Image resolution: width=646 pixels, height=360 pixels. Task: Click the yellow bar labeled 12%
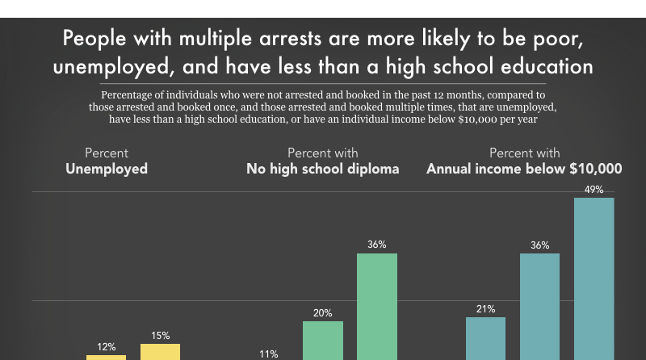[x=107, y=357]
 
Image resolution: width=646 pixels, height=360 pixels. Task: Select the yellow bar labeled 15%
[x=160, y=351]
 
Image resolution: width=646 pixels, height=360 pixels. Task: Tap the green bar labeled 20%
[x=323, y=340]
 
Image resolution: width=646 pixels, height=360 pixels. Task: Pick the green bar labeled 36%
[x=377, y=306]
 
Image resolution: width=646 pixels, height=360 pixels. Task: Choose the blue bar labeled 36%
[x=539, y=306]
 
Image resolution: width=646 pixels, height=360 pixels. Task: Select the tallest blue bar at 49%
[x=594, y=278]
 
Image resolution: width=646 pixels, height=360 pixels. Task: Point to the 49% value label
[x=594, y=190]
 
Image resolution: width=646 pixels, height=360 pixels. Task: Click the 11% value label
[x=269, y=354]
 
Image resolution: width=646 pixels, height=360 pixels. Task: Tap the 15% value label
[x=160, y=336]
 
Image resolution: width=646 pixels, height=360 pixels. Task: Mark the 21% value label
[x=485, y=309]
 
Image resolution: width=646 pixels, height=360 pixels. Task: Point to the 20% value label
[x=323, y=313]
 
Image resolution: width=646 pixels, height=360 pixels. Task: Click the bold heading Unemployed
[x=107, y=170]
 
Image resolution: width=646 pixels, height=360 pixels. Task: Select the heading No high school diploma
[x=323, y=170]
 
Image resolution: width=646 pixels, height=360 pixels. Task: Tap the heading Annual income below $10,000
[x=524, y=170]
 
